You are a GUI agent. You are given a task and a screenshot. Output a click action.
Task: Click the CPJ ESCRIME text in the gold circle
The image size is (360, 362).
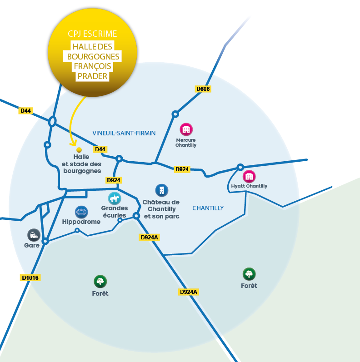pos(92,34)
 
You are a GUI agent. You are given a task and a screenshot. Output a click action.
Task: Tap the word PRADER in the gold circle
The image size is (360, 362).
pos(92,76)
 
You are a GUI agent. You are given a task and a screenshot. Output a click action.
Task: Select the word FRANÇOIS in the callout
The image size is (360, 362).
pos(92,66)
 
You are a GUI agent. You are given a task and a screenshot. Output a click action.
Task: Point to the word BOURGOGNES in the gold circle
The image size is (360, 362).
pos(93,56)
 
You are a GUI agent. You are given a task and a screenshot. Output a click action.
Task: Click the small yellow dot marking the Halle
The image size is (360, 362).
pos(79,149)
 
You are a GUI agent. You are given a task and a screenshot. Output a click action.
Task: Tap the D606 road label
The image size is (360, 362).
pos(203,89)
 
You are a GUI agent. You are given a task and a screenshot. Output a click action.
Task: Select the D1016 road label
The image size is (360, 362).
pos(30,278)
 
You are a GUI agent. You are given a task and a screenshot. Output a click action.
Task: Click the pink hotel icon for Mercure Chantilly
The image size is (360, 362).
pos(186,129)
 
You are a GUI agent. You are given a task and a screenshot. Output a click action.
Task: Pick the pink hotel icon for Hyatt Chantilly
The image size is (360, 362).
pos(249,176)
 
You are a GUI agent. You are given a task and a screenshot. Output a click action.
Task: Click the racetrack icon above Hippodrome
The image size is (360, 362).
pos(81,212)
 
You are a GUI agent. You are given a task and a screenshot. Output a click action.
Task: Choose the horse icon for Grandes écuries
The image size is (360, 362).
pos(115,198)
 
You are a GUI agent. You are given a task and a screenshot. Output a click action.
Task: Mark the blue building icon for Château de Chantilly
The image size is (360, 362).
pos(161,190)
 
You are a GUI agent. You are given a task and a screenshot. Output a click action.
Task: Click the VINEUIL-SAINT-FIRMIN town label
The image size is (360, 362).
pos(124,133)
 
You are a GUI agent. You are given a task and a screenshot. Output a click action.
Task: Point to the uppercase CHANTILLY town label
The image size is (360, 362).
pos(208,208)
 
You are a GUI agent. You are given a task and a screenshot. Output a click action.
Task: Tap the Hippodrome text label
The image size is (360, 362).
pos(81,222)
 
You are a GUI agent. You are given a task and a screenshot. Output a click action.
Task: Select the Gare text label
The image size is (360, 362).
pos(32,245)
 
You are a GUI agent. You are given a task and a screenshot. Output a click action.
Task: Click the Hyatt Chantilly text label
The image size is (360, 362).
pos(249,186)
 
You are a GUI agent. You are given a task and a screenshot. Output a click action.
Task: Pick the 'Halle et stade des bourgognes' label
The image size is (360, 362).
pos(82,164)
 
